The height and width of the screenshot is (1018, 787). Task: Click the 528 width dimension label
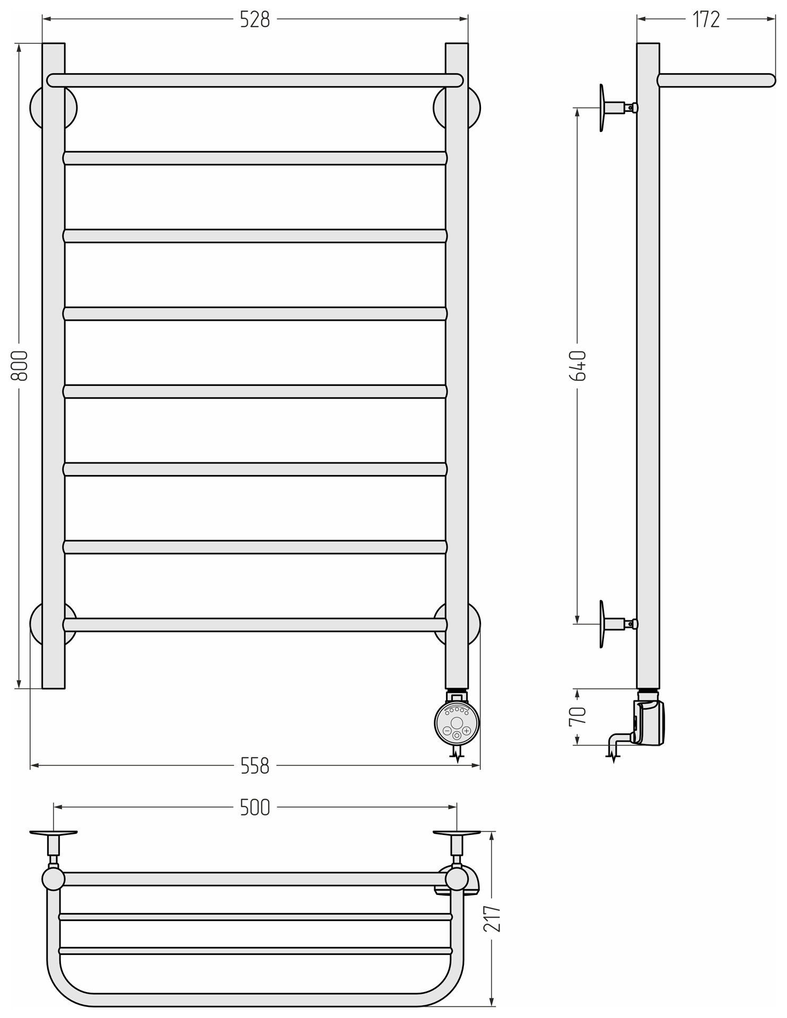pyautogui.click(x=255, y=20)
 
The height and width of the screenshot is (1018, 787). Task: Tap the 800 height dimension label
pyautogui.click(x=20, y=365)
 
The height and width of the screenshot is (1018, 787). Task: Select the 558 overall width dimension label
pyautogui.click(x=255, y=766)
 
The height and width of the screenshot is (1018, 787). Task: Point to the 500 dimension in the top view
pyautogui.click(x=255, y=807)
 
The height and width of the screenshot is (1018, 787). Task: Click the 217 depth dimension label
pyautogui.click(x=493, y=918)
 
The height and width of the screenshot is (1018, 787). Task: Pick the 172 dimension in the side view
pyautogui.click(x=706, y=20)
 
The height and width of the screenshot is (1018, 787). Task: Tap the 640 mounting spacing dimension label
pyautogui.click(x=578, y=365)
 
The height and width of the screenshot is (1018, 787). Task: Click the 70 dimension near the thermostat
pyautogui.click(x=578, y=716)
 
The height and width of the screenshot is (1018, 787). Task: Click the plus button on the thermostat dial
pyautogui.click(x=466, y=731)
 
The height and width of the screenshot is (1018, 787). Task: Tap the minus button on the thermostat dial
pyautogui.click(x=447, y=731)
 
